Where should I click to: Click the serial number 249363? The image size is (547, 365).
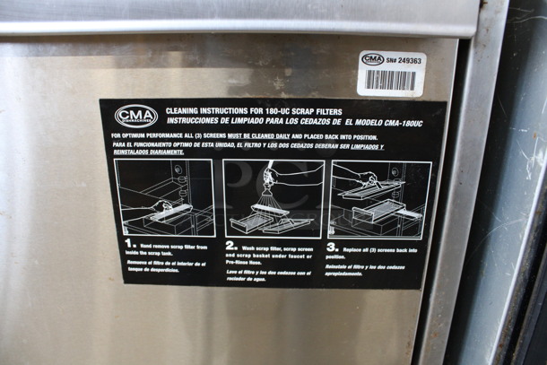409,60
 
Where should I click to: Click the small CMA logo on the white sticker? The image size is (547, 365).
372,59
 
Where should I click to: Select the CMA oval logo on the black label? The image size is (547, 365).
136,116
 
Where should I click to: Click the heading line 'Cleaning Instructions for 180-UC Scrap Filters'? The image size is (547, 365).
239,109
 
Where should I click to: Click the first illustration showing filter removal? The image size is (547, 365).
164,197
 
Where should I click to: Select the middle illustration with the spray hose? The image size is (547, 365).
272,197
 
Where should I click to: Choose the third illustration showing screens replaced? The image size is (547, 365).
380,197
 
